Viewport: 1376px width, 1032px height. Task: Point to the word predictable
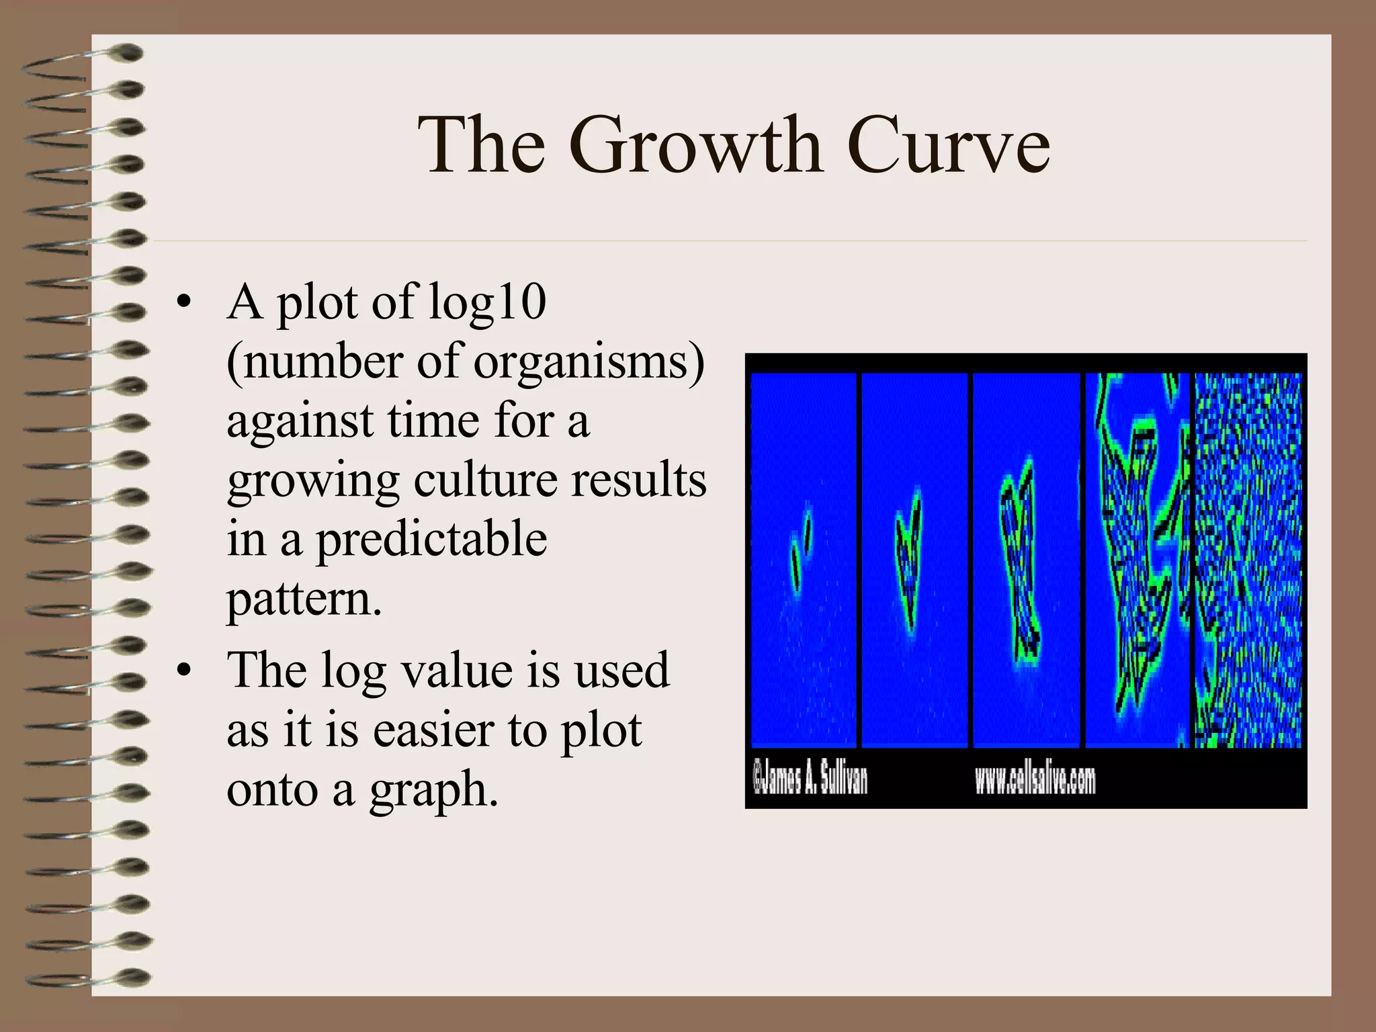click(431, 540)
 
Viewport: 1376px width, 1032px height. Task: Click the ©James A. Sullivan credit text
click(810, 779)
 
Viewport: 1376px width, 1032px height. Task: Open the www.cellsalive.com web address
click(1035, 779)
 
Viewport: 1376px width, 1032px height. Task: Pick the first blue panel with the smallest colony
click(803, 559)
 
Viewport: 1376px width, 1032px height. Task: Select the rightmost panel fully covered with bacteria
click(1248, 559)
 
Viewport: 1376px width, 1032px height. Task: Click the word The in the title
click(481, 144)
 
